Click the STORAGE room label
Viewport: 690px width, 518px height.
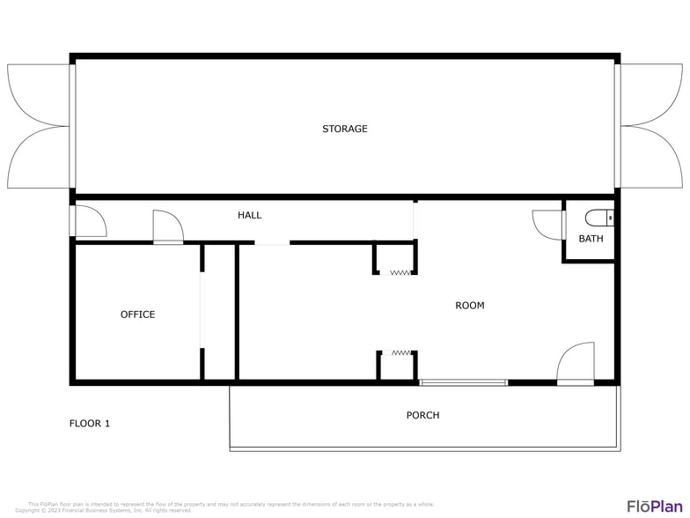pos(344,129)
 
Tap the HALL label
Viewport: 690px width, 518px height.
pos(249,215)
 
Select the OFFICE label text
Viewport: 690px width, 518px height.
pos(137,314)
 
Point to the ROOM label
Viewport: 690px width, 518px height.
pos(470,306)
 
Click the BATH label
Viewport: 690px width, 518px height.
pos(591,239)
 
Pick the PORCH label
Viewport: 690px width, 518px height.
pos(422,415)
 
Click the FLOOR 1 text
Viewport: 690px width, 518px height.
pos(90,423)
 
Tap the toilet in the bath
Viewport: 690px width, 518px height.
pos(600,217)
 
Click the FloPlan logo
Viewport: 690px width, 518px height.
pos(653,506)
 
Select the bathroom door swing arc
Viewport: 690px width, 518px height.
pos(546,224)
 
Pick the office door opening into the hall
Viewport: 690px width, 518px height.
pos(167,226)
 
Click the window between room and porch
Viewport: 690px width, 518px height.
pos(464,382)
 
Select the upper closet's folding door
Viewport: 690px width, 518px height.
pos(400,272)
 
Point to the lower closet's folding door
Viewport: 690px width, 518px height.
pos(400,353)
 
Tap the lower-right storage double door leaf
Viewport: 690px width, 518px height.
pos(651,157)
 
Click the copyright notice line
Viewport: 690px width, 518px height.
pos(103,510)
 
